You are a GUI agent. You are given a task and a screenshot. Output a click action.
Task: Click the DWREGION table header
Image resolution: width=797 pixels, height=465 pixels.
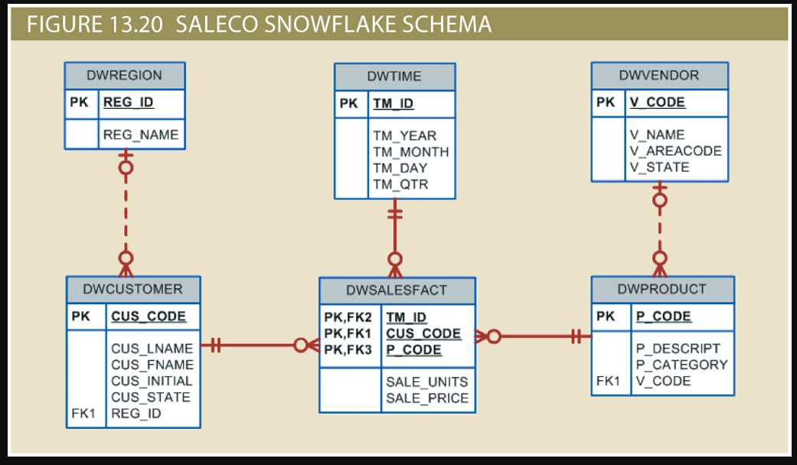(x=124, y=75)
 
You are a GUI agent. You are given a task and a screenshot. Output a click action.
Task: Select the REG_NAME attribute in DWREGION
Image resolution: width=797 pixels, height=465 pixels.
(x=141, y=135)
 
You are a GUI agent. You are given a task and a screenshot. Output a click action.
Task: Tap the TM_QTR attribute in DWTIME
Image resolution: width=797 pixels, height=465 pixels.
(x=400, y=185)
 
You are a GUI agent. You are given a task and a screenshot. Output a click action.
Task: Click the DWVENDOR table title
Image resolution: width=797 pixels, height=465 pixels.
(x=658, y=75)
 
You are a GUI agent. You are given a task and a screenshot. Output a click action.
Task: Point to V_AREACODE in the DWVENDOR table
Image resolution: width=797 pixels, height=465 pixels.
(x=675, y=151)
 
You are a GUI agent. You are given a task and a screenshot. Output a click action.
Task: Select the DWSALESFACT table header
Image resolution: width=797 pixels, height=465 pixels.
(x=397, y=290)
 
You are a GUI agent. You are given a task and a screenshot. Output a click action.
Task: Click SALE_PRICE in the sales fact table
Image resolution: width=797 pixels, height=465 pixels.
(x=427, y=398)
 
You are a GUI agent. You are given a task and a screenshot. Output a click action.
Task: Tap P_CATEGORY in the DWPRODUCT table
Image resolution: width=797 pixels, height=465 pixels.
(x=681, y=365)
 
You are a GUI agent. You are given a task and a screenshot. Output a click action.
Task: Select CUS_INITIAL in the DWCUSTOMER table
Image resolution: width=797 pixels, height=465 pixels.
(x=152, y=381)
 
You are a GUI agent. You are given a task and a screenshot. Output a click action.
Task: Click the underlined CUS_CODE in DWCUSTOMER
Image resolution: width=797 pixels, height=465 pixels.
(x=149, y=316)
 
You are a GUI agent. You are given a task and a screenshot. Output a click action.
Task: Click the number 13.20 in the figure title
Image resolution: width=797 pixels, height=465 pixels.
(x=132, y=25)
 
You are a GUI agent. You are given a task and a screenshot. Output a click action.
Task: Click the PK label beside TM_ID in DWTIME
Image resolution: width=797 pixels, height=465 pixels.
(x=348, y=103)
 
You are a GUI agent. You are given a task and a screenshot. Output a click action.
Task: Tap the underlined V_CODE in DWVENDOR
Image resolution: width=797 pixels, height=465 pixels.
(x=657, y=102)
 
